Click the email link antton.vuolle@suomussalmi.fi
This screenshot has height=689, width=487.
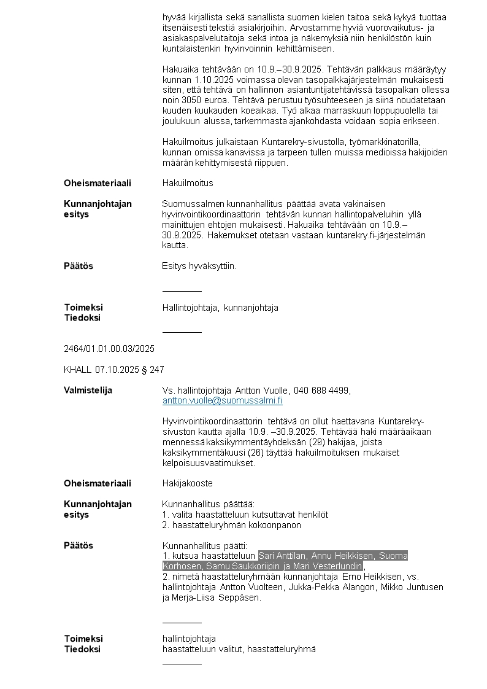click(x=222, y=401)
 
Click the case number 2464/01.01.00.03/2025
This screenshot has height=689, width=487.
click(x=109, y=349)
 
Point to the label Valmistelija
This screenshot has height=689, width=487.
click(x=88, y=391)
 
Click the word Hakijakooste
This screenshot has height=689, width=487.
click(x=187, y=483)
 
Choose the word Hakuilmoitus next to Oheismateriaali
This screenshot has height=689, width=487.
click(x=188, y=183)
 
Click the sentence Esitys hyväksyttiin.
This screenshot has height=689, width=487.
click(x=199, y=266)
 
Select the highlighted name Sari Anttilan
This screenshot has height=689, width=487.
click(x=283, y=556)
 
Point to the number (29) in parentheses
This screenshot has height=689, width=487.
click(x=322, y=442)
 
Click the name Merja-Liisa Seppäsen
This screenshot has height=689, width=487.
click(x=217, y=598)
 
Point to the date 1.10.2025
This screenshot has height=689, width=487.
click(x=215, y=80)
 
